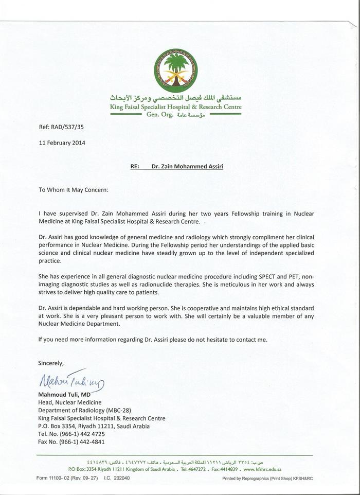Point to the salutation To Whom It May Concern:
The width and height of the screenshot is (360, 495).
(73, 189)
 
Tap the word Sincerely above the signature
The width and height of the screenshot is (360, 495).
(51, 363)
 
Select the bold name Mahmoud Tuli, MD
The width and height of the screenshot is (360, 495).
(64, 394)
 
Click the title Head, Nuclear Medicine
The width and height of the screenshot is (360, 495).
(70, 402)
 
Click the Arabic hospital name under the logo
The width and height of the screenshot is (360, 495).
(176, 98)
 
